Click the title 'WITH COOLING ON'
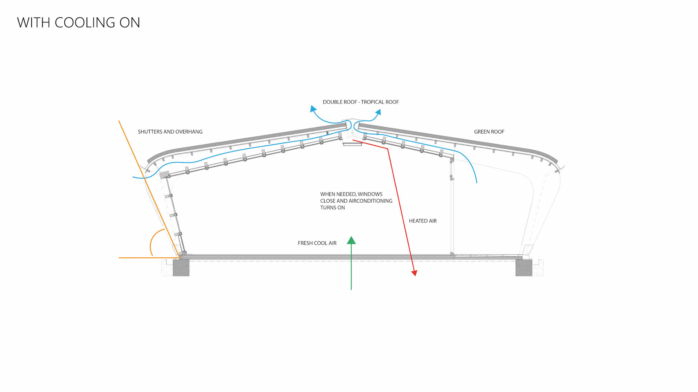[79, 23]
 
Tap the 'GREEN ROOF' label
[489, 132]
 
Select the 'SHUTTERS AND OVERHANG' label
[170, 132]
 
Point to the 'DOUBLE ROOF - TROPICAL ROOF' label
[361, 102]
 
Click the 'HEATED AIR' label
[422, 221]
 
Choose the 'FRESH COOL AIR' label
[317, 243]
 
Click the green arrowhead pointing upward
[351, 241]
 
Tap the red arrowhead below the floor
[414, 273]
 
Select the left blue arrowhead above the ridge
[313, 109]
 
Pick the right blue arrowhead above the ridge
[378, 112]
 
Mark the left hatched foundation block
[181, 268]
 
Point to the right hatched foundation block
[523, 268]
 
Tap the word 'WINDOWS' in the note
[372, 194]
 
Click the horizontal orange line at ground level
[145, 258]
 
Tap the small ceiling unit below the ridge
[352, 144]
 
